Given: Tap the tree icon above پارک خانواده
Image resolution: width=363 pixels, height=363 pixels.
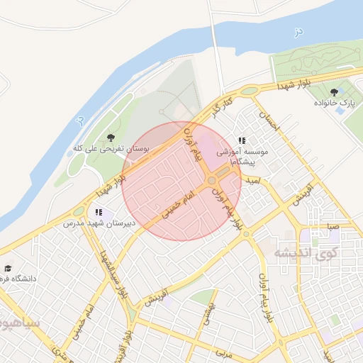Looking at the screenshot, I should point(334,91).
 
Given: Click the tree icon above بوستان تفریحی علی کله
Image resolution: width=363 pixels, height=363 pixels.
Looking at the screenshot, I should point(110,137).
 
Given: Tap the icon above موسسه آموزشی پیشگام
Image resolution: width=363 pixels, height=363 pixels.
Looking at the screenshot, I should point(242,141).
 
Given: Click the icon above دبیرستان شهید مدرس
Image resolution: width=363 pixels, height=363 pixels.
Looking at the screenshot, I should point(99,211).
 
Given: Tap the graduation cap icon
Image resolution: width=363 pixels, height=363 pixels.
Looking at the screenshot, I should point(8,268).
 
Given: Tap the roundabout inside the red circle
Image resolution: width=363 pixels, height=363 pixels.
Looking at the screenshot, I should point(212,181).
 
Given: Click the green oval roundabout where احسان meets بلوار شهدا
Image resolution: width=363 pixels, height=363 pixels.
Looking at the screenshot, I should point(250,91).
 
